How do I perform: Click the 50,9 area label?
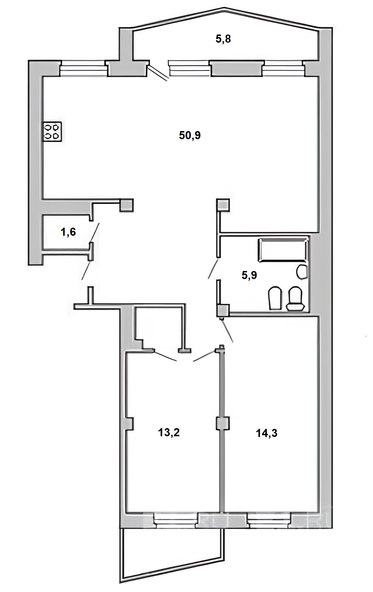190,135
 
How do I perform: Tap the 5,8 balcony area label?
223,39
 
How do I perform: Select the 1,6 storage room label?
68,232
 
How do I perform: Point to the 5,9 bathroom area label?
249,275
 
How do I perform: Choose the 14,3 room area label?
267,433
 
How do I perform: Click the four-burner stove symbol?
52,131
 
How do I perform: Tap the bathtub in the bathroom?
283,250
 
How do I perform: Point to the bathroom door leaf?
213,269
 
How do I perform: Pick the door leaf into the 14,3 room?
227,331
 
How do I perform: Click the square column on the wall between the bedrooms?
222,424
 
